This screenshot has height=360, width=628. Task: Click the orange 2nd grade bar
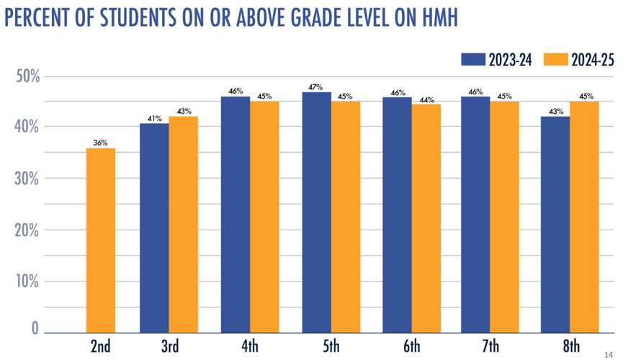pyautogui.click(x=100, y=240)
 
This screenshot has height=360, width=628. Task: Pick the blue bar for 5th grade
pyautogui.click(x=316, y=212)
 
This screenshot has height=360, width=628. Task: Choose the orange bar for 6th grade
pyautogui.click(x=426, y=218)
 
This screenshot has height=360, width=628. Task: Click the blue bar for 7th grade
pyautogui.click(x=475, y=215)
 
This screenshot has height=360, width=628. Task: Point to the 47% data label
pyautogui.click(x=316, y=87)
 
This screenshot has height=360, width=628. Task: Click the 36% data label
pyautogui.click(x=100, y=143)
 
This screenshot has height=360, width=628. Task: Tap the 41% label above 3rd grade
pyautogui.click(x=153, y=118)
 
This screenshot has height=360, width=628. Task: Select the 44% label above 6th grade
pyautogui.click(x=426, y=99)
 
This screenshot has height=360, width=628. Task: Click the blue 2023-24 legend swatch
pyautogui.click(x=473, y=60)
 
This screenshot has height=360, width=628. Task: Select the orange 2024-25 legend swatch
pyautogui.click(x=555, y=60)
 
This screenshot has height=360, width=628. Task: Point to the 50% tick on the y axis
pyautogui.click(x=27, y=76)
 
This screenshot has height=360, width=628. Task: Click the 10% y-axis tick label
pyautogui.click(x=27, y=281)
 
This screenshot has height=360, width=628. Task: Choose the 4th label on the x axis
pyautogui.click(x=250, y=347)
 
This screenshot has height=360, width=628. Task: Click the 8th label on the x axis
pyautogui.click(x=570, y=347)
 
